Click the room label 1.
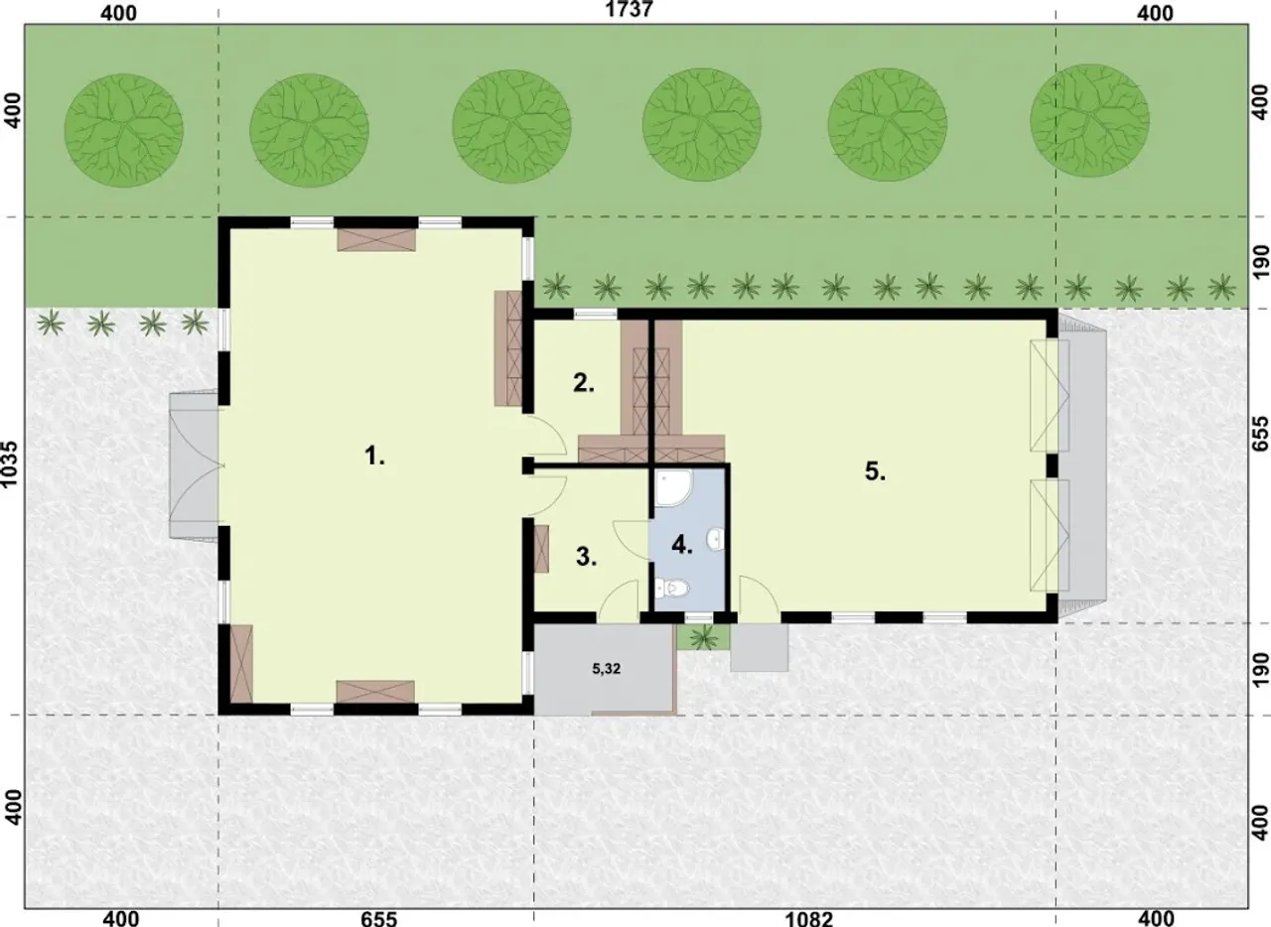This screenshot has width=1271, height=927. click(374, 455)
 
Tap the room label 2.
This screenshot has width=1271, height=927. click(583, 383)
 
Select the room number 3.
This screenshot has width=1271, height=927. click(586, 557)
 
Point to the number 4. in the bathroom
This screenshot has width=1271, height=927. click(682, 545)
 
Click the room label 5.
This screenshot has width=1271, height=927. click(875, 470)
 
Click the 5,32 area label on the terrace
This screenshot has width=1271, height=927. click(606, 669)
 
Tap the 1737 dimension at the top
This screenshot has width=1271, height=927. click(630, 10)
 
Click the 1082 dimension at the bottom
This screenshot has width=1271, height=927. click(808, 918)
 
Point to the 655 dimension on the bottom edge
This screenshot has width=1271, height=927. click(378, 918)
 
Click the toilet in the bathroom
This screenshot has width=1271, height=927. click(672, 589)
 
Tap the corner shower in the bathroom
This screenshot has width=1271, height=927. click(672, 488)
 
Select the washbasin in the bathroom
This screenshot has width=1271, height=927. click(716, 538)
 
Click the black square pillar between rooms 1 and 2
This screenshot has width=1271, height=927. click(527, 466)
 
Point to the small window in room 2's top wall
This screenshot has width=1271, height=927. click(595, 315)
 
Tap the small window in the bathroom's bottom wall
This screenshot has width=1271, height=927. click(698, 617)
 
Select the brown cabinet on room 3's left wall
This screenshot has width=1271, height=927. click(541, 549)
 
